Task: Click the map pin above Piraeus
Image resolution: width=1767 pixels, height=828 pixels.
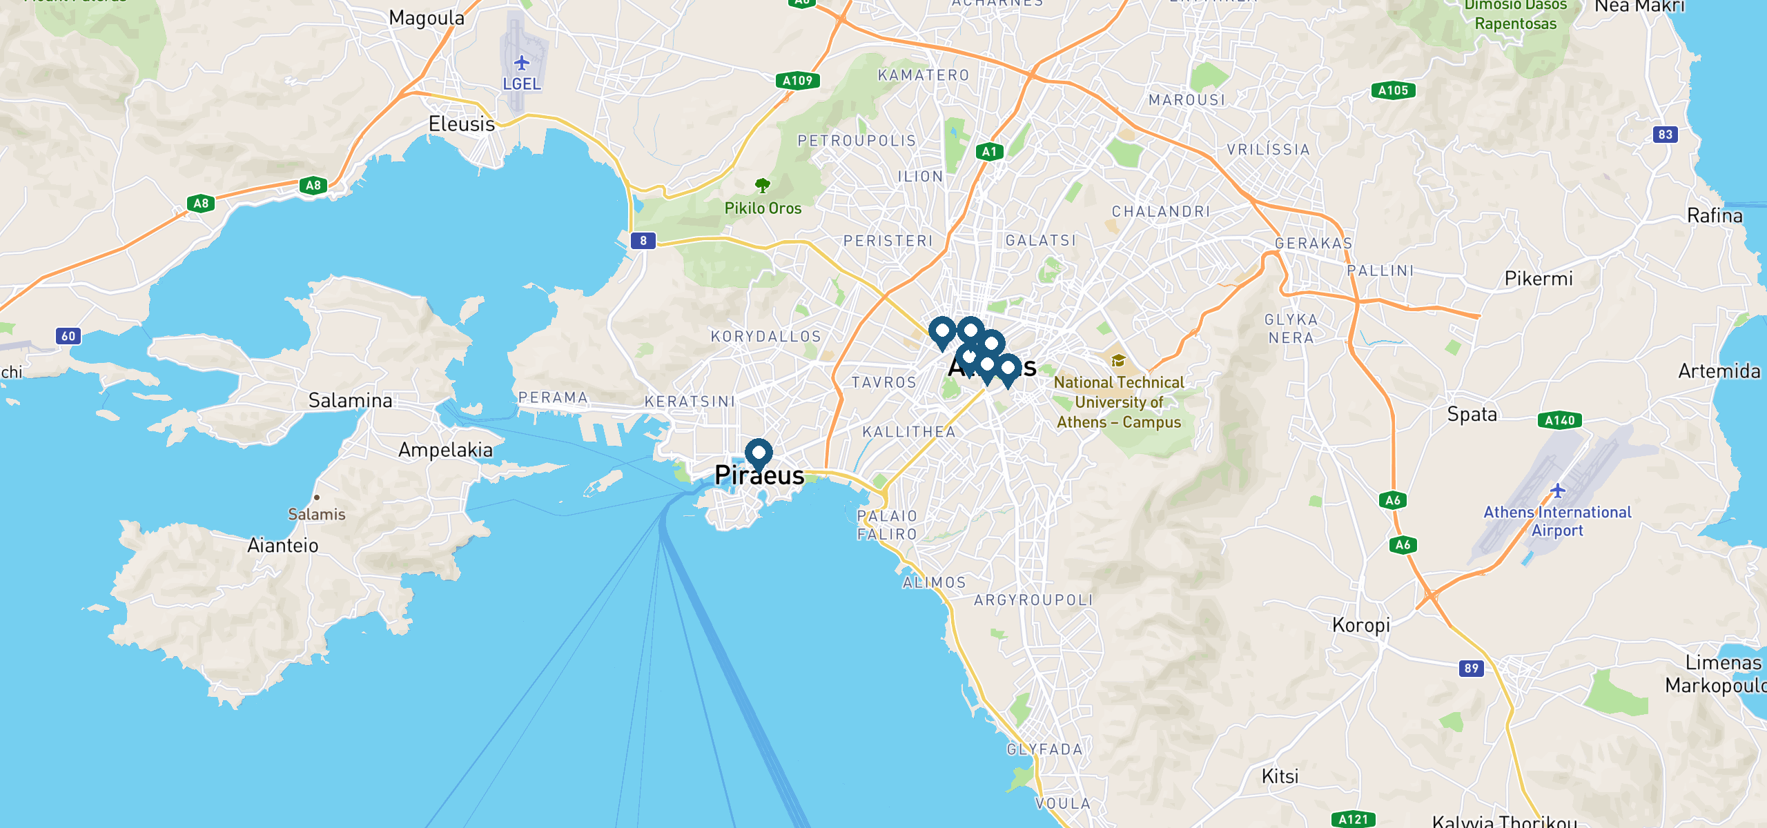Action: tap(759, 454)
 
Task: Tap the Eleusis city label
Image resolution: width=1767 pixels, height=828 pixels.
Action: tap(462, 124)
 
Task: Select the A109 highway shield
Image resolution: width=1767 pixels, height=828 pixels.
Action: tap(797, 81)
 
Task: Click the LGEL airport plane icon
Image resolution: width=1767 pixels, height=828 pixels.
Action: tap(522, 63)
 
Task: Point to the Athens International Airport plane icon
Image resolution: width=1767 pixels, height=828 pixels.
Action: tap(1558, 491)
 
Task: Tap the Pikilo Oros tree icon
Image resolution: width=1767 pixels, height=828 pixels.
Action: tap(762, 185)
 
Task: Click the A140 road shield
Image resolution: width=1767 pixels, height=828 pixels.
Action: tap(1559, 420)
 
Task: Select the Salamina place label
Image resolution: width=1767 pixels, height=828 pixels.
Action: tap(350, 400)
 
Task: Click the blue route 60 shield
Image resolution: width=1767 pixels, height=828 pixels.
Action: tap(68, 336)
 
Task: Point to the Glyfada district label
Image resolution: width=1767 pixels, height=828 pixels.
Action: tap(1044, 749)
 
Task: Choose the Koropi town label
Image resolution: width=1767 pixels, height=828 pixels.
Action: tap(1361, 625)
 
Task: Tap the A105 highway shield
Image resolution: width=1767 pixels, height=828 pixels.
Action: tap(1393, 90)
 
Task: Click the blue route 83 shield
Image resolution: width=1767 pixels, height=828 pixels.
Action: tap(1666, 135)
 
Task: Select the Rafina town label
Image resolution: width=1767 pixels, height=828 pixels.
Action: tap(1715, 216)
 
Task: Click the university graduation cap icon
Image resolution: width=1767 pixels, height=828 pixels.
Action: tap(1118, 361)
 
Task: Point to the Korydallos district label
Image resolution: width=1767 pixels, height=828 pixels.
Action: tap(766, 337)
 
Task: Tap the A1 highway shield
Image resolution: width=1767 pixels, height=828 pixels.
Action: tap(989, 152)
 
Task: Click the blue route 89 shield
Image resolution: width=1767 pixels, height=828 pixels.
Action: tap(1472, 668)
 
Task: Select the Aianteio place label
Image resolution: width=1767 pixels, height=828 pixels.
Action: tap(283, 546)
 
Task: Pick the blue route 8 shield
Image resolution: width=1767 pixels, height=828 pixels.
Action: tap(643, 241)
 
